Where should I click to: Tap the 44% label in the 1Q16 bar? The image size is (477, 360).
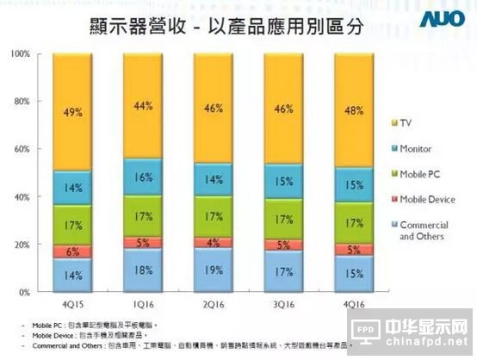point(143,107)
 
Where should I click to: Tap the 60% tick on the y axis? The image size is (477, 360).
point(23,149)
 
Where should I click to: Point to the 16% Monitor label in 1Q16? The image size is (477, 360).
point(143,178)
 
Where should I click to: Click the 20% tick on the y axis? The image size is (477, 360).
point(23,245)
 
